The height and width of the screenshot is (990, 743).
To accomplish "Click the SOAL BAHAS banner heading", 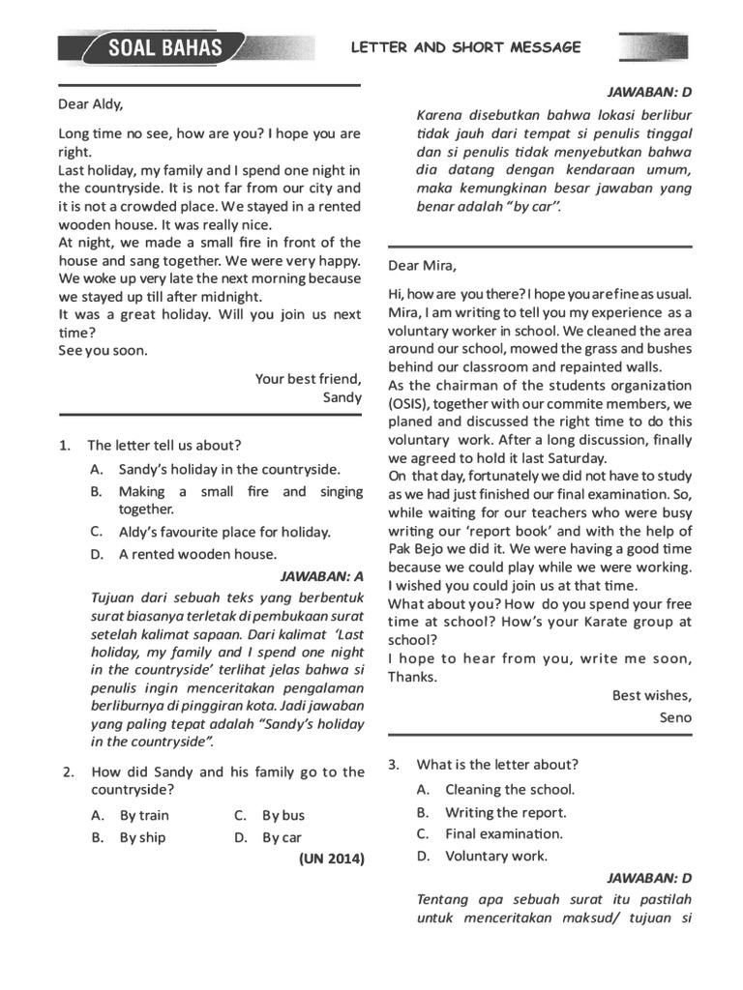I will [x=164, y=47].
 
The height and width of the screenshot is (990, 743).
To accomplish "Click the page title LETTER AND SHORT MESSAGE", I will [x=465, y=46].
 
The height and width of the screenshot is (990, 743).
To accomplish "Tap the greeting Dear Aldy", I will [x=91, y=104].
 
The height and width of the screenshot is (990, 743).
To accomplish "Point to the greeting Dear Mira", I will [x=422, y=265].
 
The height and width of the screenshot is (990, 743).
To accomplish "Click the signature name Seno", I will [x=675, y=717].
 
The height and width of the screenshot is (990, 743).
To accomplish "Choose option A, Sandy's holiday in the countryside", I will [x=229, y=469].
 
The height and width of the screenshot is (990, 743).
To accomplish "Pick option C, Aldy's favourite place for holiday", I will [x=224, y=532].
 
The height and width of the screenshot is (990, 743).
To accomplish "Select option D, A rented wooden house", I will [x=197, y=554].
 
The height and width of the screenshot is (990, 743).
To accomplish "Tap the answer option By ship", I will [x=142, y=837].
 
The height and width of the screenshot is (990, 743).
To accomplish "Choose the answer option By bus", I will [x=283, y=815].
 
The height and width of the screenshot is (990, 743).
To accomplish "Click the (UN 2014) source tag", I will [x=332, y=858].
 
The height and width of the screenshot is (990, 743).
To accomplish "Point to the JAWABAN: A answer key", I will [x=321, y=577].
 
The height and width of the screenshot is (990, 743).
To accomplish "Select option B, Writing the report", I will [x=505, y=812].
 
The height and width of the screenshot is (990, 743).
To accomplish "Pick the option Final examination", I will [x=503, y=833].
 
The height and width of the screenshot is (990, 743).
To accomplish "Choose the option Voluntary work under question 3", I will [x=495, y=856].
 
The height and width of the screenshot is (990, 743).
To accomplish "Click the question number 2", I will [x=69, y=772].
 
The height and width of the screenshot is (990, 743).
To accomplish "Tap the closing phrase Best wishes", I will [x=652, y=695].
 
